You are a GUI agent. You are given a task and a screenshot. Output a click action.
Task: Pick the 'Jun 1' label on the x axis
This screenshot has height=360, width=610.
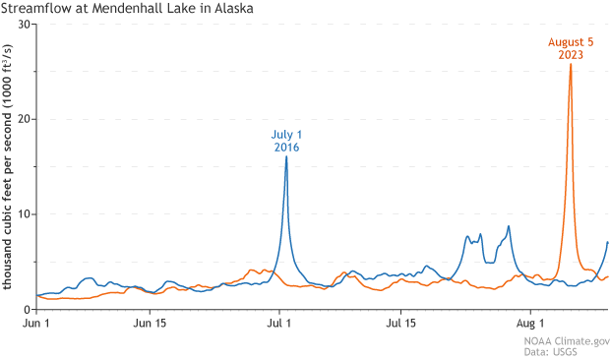tap(36, 323)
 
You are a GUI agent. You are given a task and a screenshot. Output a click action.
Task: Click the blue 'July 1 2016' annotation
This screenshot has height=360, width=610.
tap(285, 140)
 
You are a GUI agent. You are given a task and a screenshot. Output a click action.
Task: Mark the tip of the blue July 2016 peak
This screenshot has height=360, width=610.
tap(286, 156)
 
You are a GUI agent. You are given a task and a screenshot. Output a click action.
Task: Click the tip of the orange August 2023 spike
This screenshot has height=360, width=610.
tap(571, 65)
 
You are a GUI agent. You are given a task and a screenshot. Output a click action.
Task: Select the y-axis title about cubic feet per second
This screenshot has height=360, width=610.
tap(9, 167)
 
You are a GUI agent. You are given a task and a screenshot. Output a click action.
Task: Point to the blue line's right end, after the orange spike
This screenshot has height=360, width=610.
tap(608, 242)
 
